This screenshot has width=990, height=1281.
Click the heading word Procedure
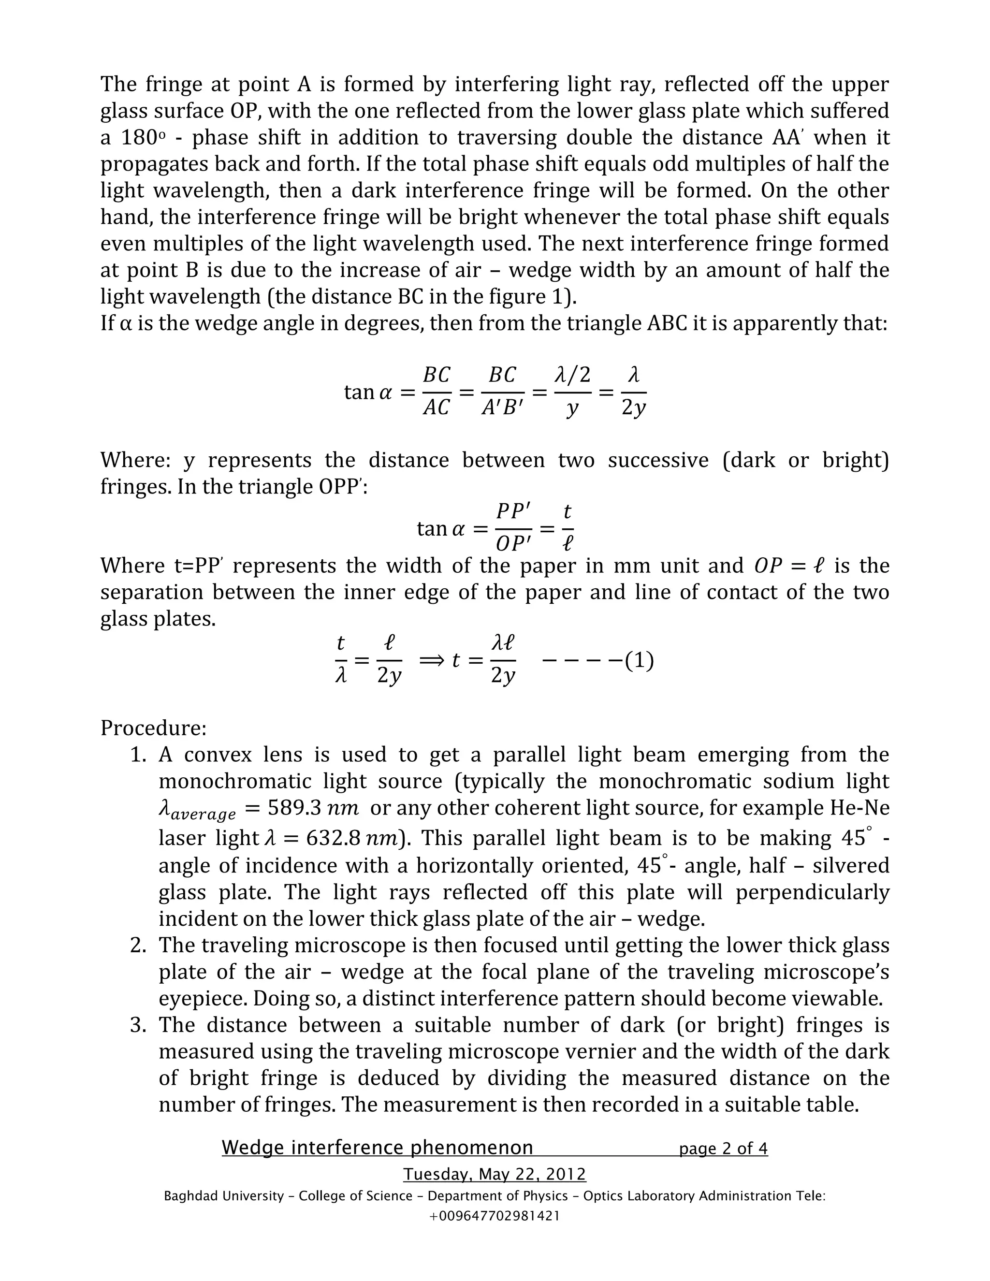coord(153,728)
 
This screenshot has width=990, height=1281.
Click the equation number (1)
coord(639,661)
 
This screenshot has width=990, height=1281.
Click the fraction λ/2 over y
coord(572,391)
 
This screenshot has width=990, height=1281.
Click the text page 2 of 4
coord(723,1148)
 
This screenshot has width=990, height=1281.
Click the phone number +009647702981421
coord(495,1216)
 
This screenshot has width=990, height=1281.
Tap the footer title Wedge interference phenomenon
coord(377,1147)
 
